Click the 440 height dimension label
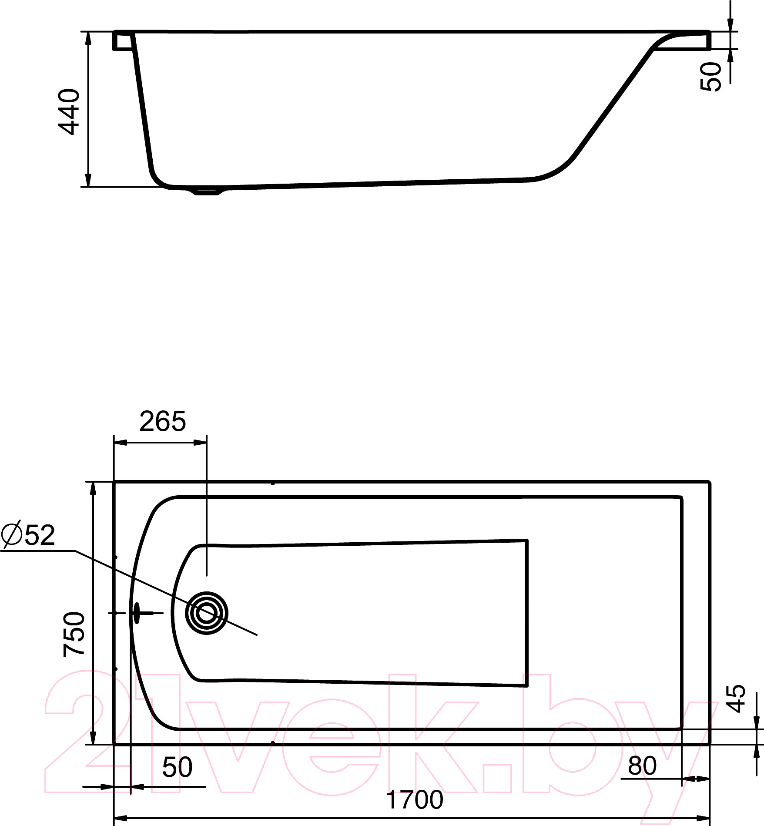69,112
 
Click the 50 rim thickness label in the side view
711,77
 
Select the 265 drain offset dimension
163,421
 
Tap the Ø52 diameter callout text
28,535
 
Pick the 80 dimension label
642,766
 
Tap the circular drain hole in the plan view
207,613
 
